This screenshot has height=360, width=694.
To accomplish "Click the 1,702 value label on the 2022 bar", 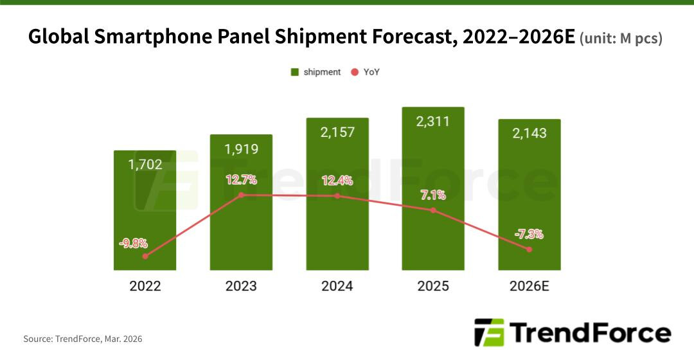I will (x=145, y=165).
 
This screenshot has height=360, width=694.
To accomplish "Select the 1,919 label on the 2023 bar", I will (x=241, y=149).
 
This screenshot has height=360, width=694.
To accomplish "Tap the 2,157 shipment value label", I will (x=337, y=132).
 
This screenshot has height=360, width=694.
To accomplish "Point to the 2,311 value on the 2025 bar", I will (x=433, y=121).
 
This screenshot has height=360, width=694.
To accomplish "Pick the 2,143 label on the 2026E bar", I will (x=529, y=133).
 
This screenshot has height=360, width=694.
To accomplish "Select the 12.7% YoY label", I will (x=241, y=179).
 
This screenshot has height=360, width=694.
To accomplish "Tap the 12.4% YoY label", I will (x=337, y=181).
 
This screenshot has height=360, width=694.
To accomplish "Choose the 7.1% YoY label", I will (x=433, y=195).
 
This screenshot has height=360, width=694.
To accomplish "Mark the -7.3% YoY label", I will (x=529, y=234).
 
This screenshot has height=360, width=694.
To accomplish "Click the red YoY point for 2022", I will (x=145, y=256).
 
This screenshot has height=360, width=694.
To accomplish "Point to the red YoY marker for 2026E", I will (x=529, y=249).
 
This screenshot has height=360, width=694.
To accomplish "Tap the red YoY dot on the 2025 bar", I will (x=433, y=210).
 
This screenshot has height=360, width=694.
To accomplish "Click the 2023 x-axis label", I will (x=241, y=286).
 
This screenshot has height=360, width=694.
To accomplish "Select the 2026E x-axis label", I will (x=529, y=286).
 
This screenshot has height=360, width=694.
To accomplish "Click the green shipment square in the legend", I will (x=295, y=72).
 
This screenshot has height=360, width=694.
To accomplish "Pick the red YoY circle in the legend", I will (x=355, y=72).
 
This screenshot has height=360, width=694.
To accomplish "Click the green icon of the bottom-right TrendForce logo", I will (x=489, y=333).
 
